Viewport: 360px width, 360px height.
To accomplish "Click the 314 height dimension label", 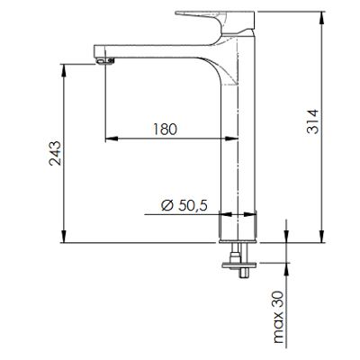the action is [x=312, y=121].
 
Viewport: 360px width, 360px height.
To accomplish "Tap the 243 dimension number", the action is [x=55, y=153].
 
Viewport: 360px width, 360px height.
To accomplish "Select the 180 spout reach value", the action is [x=166, y=129].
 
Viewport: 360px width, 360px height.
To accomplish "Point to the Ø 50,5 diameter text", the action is [x=184, y=205].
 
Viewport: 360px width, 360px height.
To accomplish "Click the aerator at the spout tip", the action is [x=105, y=61].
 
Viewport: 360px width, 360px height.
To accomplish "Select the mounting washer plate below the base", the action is [x=239, y=265].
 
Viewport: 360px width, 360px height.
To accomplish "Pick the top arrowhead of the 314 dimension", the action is [x=322, y=17].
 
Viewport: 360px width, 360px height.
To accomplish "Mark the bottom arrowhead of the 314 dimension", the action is [x=322, y=237].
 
